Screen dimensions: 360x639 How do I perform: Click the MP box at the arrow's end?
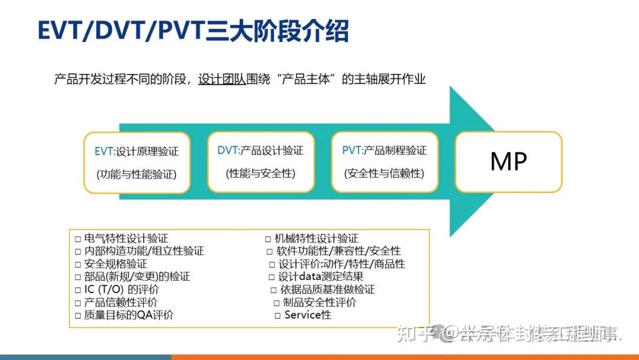(508, 162)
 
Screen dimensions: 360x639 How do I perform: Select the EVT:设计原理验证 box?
(137, 162)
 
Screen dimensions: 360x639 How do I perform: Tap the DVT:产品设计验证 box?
(260, 162)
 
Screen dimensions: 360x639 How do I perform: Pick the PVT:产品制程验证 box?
(385, 162)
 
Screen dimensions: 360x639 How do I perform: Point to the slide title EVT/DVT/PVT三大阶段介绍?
(193, 31)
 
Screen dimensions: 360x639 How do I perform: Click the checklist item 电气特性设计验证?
(126, 239)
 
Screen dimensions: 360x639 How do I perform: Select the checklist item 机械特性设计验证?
(316, 239)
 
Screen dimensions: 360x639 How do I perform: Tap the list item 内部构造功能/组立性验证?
(144, 251)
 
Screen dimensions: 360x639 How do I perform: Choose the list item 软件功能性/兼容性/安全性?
(338, 251)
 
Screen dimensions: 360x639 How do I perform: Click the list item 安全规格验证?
(115, 264)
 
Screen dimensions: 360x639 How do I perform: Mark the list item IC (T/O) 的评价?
(121, 290)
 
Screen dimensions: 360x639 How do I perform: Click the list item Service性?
(308, 315)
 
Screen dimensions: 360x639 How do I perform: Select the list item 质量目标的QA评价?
(129, 315)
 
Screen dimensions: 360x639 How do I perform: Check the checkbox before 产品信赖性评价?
(78, 303)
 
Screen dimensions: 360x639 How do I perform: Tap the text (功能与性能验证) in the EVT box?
(137, 174)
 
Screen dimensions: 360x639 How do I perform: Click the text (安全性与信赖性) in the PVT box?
(385, 173)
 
